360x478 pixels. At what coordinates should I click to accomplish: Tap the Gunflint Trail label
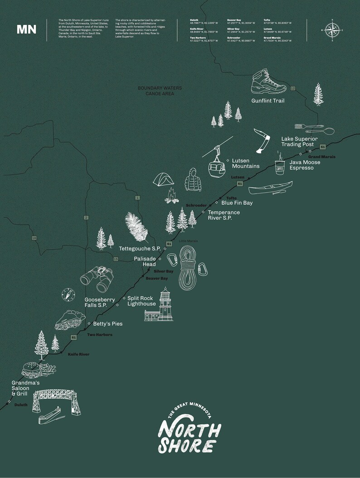[x=268, y=101]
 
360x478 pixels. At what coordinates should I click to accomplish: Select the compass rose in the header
[x=332, y=30]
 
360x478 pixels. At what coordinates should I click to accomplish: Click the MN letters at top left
[x=26, y=30]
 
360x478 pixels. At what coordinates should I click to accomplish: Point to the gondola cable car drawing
[x=216, y=163]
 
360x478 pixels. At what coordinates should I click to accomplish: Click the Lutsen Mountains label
[x=245, y=164]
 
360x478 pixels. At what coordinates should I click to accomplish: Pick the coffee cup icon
[x=280, y=166]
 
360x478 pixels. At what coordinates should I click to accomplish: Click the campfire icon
[x=171, y=196]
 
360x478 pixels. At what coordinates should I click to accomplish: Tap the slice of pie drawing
[x=68, y=319]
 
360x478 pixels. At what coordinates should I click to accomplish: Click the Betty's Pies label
[x=107, y=324]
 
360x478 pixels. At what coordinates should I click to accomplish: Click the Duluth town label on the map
[x=21, y=405]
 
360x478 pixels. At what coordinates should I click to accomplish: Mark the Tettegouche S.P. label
[x=140, y=249]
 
